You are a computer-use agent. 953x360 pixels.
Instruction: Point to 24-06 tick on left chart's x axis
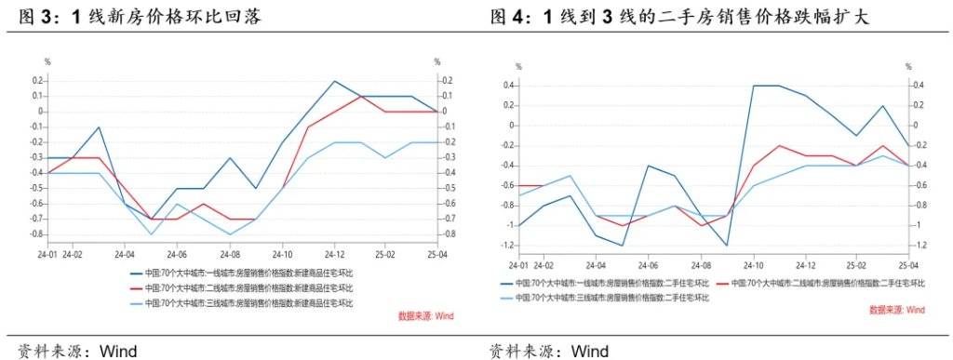(x=177, y=252)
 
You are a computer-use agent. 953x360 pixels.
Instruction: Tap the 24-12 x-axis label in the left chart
(x=335, y=252)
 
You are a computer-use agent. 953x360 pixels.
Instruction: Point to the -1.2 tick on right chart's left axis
(x=508, y=246)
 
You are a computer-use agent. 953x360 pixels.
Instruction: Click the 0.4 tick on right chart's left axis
(x=509, y=86)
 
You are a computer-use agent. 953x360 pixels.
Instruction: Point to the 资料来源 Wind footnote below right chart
(x=549, y=351)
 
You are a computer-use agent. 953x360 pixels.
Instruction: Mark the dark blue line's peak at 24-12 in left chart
(x=335, y=81)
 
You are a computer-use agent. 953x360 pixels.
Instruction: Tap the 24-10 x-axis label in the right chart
(x=752, y=265)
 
